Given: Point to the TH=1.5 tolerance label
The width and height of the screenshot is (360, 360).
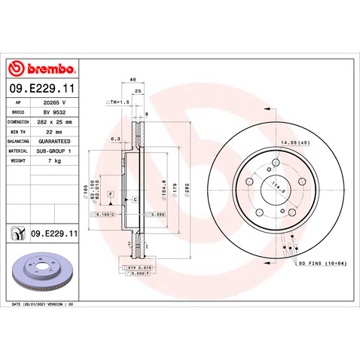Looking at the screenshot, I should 118,100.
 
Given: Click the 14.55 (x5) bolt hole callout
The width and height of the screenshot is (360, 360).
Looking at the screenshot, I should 294,142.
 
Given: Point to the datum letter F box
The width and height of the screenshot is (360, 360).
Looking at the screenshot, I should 111,194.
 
